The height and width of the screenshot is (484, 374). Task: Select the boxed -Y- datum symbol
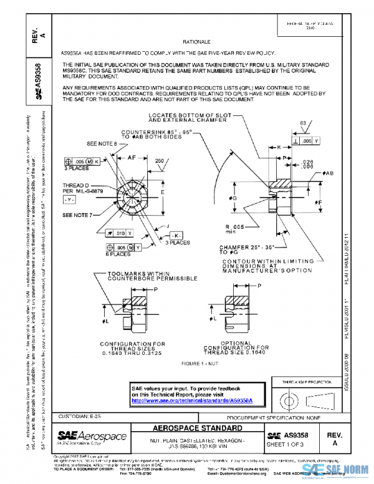coord(70,200)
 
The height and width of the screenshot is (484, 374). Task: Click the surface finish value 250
coord(160,161)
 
